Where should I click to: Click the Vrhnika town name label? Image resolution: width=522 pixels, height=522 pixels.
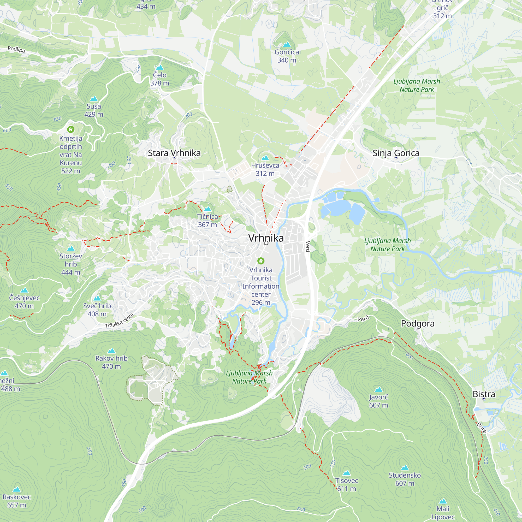(x=266, y=238)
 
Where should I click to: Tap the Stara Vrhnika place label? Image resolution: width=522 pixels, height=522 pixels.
(x=174, y=153)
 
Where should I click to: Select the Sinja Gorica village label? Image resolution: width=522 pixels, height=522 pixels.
(x=396, y=153)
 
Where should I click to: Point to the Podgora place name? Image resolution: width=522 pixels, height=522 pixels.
(x=417, y=323)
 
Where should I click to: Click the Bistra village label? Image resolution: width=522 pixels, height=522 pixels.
(x=484, y=394)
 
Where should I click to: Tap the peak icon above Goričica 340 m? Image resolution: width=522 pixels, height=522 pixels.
(x=287, y=44)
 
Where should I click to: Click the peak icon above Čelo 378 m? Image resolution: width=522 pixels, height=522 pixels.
(x=160, y=67)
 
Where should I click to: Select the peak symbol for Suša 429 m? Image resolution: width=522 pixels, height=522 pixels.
(x=94, y=99)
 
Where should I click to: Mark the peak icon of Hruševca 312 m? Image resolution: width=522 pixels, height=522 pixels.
(x=265, y=158)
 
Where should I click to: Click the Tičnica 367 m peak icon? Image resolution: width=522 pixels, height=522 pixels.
(x=207, y=209)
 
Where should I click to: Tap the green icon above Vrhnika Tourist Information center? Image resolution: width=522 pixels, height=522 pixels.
(x=261, y=261)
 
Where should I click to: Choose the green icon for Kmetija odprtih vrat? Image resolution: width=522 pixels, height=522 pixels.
(x=71, y=129)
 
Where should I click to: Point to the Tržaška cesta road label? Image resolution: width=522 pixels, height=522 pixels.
(x=120, y=321)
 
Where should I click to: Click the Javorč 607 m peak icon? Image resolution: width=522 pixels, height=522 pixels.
(x=378, y=389)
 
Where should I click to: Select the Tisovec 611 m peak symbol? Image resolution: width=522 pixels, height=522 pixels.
(x=347, y=473)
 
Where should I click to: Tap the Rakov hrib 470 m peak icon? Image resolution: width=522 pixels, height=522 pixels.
(x=111, y=351)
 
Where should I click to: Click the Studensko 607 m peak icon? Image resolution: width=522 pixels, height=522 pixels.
(x=405, y=468)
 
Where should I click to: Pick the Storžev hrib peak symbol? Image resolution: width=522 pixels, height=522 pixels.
(x=71, y=248)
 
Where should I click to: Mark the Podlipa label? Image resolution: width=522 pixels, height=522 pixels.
(x=16, y=49)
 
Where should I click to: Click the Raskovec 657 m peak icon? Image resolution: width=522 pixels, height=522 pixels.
(x=17, y=489)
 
